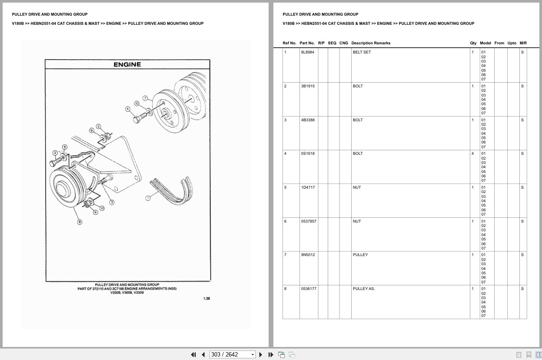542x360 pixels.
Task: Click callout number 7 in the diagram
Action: click(x=145, y=98)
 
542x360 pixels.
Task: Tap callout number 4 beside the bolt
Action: click(x=128, y=109)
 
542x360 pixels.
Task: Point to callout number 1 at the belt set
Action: click(x=148, y=198)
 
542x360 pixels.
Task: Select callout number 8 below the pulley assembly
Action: click(x=80, y=222)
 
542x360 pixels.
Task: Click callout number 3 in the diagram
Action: click(x=112, y=202)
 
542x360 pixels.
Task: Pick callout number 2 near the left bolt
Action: click(x=55, y=153)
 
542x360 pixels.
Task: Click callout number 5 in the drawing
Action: click(x=98, y=127)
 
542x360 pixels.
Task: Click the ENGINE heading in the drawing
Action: click(x=127, y=64)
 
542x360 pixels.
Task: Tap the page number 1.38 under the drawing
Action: click(x=206, y=298)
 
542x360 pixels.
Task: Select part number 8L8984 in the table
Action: click(x=307, y=52)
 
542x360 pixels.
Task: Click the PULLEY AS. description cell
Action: click(x=363, y=289)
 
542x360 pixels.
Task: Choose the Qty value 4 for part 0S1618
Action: click(x=472, y=153)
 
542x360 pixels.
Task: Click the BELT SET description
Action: click(x=362, y=52)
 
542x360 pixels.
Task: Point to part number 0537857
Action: click(x=309, y=221)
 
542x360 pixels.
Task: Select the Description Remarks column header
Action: click(x=371, y=43)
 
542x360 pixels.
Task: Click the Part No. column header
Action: click(x=307, y=43)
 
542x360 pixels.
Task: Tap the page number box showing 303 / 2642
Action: click(x=232, y=354)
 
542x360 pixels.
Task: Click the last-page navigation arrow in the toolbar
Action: click(x=271, y=354)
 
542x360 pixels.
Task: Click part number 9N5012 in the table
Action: click(x=307, y=255)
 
